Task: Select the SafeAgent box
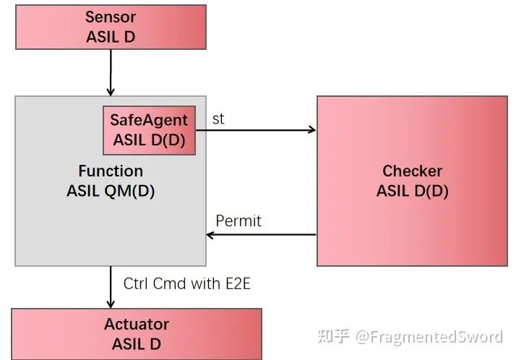[149, 130]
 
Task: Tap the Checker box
[412, 181]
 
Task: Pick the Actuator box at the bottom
[136, 333]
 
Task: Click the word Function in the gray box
[111, 171]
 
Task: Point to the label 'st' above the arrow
[218, 119]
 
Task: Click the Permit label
[238, 220]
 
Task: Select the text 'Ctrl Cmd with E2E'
[186, 284]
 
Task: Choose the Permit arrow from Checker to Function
[261, 234]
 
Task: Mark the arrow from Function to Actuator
[111, 286]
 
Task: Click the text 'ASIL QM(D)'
[111, 192]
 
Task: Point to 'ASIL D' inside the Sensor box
[111, 36]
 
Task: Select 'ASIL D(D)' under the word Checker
[412, 191]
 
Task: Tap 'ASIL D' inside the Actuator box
[136, 344]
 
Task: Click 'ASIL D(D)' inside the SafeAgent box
[149, 140]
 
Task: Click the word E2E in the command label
[236, 284]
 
